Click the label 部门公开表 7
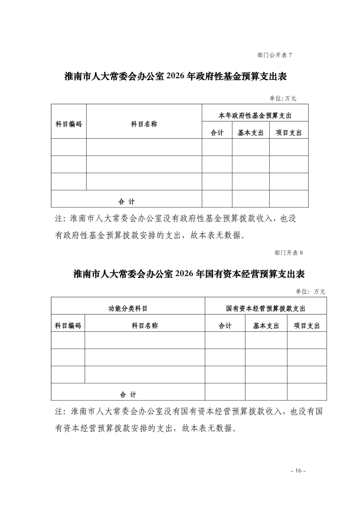(274, 55)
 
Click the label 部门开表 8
(289, 253)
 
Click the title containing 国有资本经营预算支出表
(189, 274)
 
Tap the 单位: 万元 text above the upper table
(283, 98)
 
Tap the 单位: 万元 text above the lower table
(310, 291)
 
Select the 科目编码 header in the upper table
(68, 124)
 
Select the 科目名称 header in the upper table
(144, 124)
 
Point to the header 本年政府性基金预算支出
(255, 115)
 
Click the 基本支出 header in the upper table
(251, 133)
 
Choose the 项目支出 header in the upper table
(289, 133)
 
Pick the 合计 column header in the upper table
(217, 133)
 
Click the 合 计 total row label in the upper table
(127, 202)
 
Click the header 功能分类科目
(128, 308)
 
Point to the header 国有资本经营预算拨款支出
(266, 308)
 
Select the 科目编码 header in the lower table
(68, 326)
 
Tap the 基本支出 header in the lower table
(266, 326)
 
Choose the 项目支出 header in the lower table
(307, 326)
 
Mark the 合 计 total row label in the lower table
(128, 395)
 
